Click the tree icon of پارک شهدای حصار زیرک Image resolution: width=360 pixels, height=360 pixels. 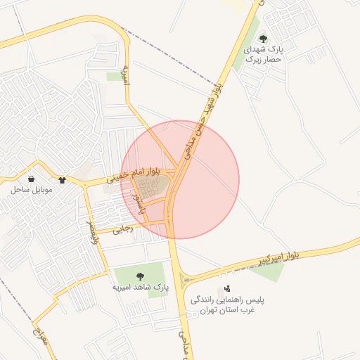(x=263, y=39)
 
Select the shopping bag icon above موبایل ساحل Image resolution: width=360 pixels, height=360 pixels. (x=32, y=179)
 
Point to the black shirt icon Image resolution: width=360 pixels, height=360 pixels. (x=62, y=180)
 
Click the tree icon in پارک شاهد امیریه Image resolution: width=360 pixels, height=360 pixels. (x=140, y=276)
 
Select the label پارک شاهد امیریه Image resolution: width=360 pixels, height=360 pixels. (x=141, y=288)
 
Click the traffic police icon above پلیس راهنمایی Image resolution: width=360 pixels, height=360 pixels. (x=226, y=288)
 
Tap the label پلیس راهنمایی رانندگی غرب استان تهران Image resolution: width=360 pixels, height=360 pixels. (x=228, y=305)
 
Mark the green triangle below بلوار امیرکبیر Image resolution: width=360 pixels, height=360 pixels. (x=269, y=271)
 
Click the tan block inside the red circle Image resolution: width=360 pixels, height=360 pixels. (x=151, y=187)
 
